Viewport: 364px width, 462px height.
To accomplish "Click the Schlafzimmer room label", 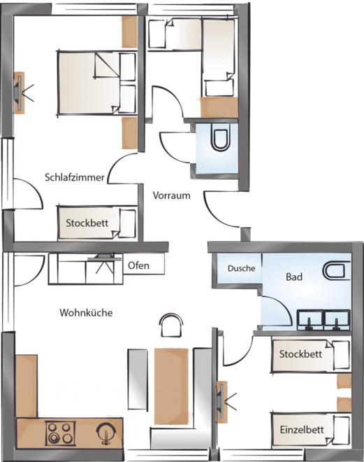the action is pyautogui.click(x=75, y=177).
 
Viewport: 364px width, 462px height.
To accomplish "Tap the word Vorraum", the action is pyautogui.click(x=171, y=195).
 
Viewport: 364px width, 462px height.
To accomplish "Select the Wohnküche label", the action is pyautogui.click(x=86, y=313).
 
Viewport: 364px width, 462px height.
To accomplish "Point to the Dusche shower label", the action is pyautogui.click(x=242, y=268).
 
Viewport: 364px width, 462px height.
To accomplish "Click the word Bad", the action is pyautogui.click(x=294, y=276).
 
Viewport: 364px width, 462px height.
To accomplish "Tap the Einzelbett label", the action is pyautogui.click(x=302, y=430).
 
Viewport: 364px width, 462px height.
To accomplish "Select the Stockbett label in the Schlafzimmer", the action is pyautogui.click(x=87, y=223).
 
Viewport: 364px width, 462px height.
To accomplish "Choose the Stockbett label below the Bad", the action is pyautogui.click(x=300, y=353).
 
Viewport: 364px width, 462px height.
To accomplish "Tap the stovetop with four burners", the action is pyautogui.click(x=60, y=433).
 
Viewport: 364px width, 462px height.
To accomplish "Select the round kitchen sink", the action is pyautogui.click(x=106, y=433).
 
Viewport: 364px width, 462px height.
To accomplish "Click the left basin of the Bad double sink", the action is pyautogui.click(x=310, y=320).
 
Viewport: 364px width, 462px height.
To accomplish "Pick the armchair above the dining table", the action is pyautogui.click(x=171, y=324).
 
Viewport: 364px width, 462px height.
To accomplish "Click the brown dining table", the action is pyautogui.click(x=171, y=386).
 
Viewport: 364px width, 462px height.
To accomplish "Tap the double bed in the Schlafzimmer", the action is pyautogui.click(x=97, y=83).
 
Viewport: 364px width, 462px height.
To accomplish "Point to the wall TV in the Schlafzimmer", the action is pyautogui.click(x=20, y=93).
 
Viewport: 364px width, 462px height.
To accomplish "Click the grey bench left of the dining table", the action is pyautogui.click(x=138, y=379).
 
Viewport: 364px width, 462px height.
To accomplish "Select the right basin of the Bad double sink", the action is pyautogui.click(x=337, y=320).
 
